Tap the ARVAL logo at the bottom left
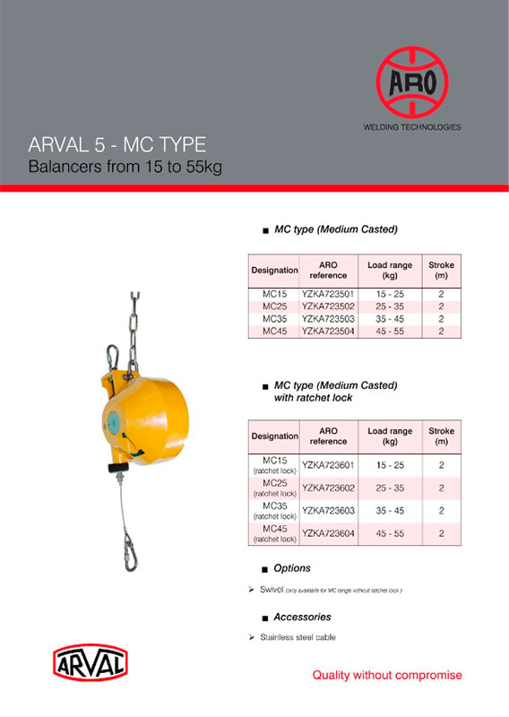[91, 663]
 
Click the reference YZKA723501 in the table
[329, 294]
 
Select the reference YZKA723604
[329, 533]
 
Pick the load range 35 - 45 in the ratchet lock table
[390, 511]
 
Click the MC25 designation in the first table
[274, 306]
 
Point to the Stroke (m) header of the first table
[441, 270]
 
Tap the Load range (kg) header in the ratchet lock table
[390, 436]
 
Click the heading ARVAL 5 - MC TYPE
[117, 145]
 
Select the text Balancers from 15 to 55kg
[125, 167]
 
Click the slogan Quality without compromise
[386, 675]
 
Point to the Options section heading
[292, 568]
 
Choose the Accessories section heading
[302, 617]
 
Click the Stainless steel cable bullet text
[298, 637]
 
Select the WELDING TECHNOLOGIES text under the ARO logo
[411, 127]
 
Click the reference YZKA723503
[329, 318]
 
